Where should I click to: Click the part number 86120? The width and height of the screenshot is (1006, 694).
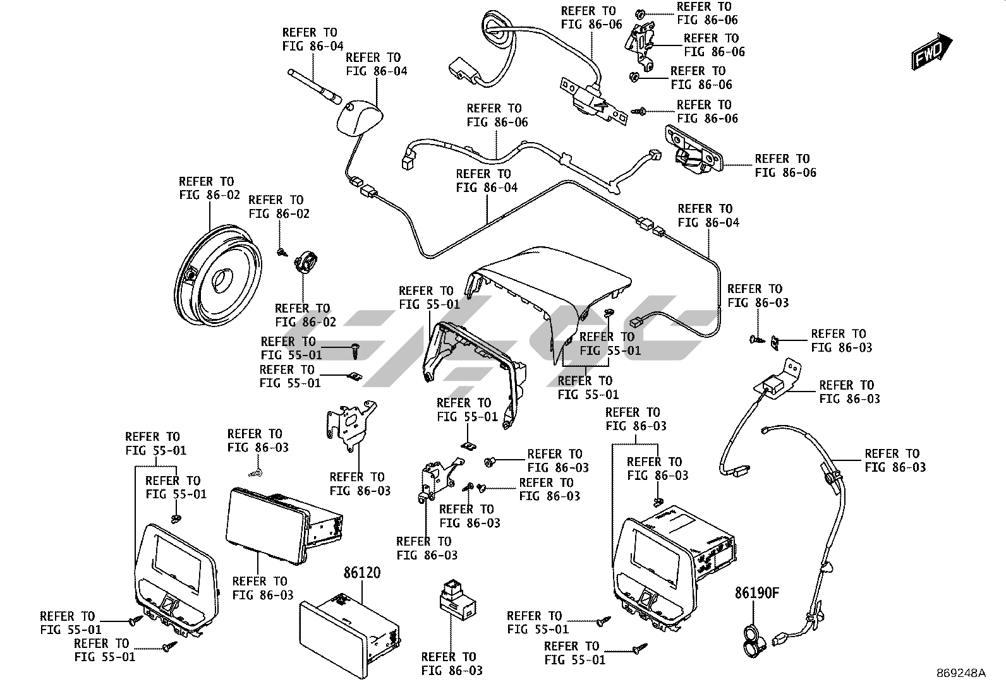(x=362, y=573)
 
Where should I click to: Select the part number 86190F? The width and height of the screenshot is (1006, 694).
(x=756, y=593)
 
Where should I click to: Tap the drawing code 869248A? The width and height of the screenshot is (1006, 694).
(x=961, y=673)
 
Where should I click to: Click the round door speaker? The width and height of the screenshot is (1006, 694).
(x=216, y=277)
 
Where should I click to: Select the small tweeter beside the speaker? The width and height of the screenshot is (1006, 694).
(x=307, y=261)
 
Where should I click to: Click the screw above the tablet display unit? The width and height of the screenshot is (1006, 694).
(x=256, y=472)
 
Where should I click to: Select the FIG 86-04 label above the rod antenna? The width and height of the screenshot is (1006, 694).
(x=312, y=39)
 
